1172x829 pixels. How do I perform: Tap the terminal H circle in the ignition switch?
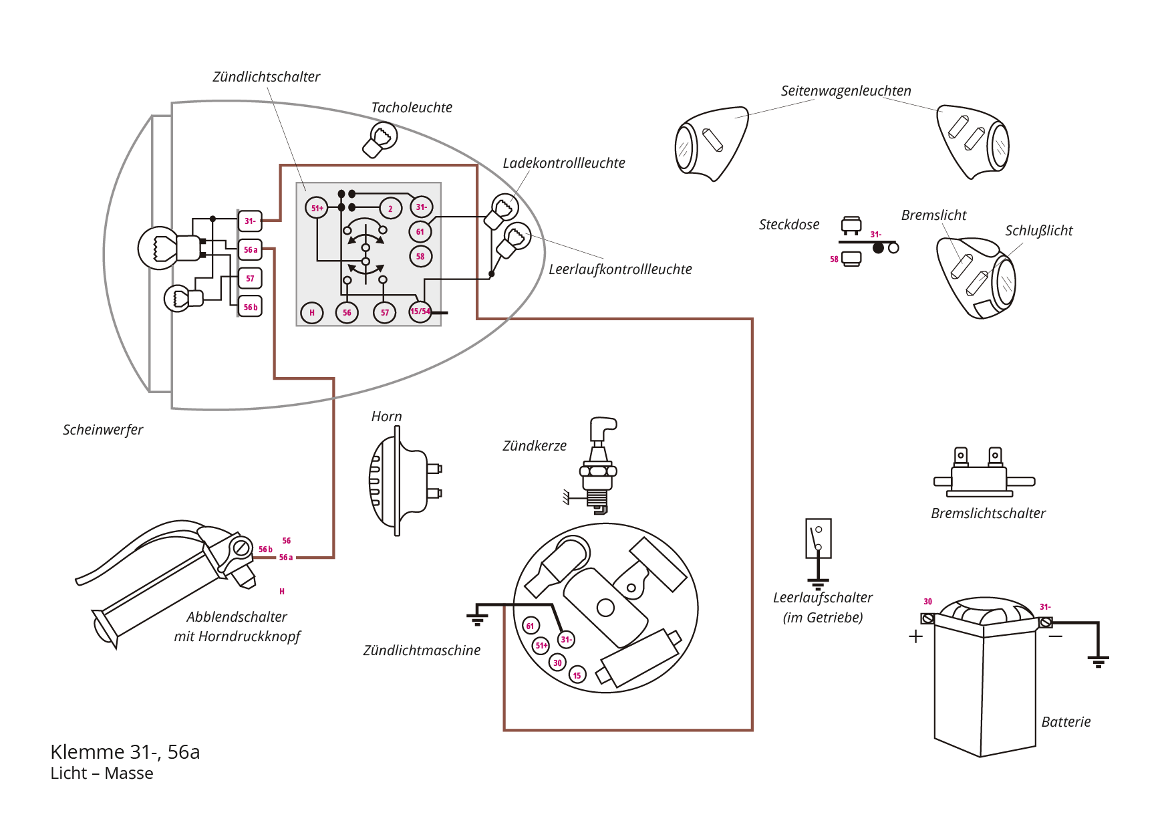click(312, 312)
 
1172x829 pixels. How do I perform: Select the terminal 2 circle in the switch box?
click(391, 209)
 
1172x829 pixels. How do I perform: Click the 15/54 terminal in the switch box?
click(420, 312)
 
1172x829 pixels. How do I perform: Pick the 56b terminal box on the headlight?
click(250, 307)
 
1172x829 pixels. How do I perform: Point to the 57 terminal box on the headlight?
click(250, 278)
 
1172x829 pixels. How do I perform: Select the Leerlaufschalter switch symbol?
click(819, 552)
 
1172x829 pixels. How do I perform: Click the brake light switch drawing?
click(984, 473)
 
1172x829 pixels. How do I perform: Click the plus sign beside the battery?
click(915, 636)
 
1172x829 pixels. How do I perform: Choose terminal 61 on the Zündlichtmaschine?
click(531, 626)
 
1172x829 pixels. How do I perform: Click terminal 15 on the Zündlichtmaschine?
click(577, 675)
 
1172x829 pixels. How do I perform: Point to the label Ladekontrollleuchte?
click(564, 163)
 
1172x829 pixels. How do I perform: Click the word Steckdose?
click(789, 225)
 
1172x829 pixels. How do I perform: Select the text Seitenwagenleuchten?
click(846, 91)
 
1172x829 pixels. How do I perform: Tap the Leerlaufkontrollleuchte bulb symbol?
click(514, 239)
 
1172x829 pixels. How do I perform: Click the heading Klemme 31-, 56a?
click(125, 752)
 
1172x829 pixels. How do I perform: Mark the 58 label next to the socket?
click(834, 259)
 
